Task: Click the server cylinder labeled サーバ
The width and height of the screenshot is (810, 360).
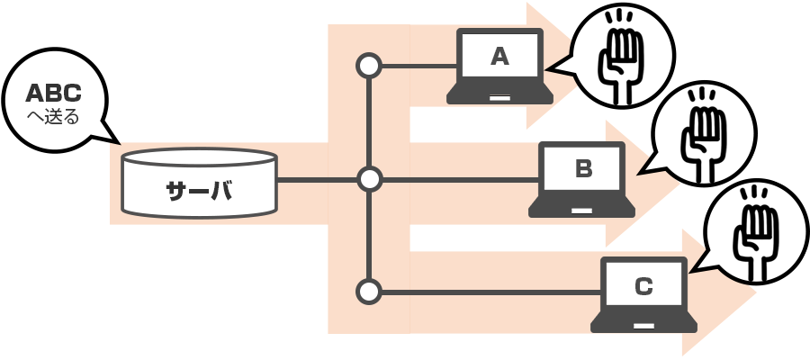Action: [199, 184]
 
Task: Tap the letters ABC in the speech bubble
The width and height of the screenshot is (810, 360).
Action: [53, 93]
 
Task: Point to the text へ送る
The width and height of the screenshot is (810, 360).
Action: [54, 116]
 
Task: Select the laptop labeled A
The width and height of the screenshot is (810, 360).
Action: [500, 67]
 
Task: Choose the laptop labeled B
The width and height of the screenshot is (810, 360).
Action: [582, 179]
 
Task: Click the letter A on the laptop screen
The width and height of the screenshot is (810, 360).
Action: [500, 57]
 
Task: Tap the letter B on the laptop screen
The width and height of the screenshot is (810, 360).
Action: [582, 168]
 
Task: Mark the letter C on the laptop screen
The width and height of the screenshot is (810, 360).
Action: [643, 286]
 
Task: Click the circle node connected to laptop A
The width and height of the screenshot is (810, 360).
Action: [369, 66]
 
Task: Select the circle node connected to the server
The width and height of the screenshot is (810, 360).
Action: [369, 180]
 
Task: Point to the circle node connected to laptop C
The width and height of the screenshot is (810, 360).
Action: [369, 292]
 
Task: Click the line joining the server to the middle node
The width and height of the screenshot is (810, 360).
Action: [315, 180]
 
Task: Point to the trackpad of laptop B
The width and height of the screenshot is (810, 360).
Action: [582, 210]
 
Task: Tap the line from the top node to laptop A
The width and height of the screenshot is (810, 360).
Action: [418, 66]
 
